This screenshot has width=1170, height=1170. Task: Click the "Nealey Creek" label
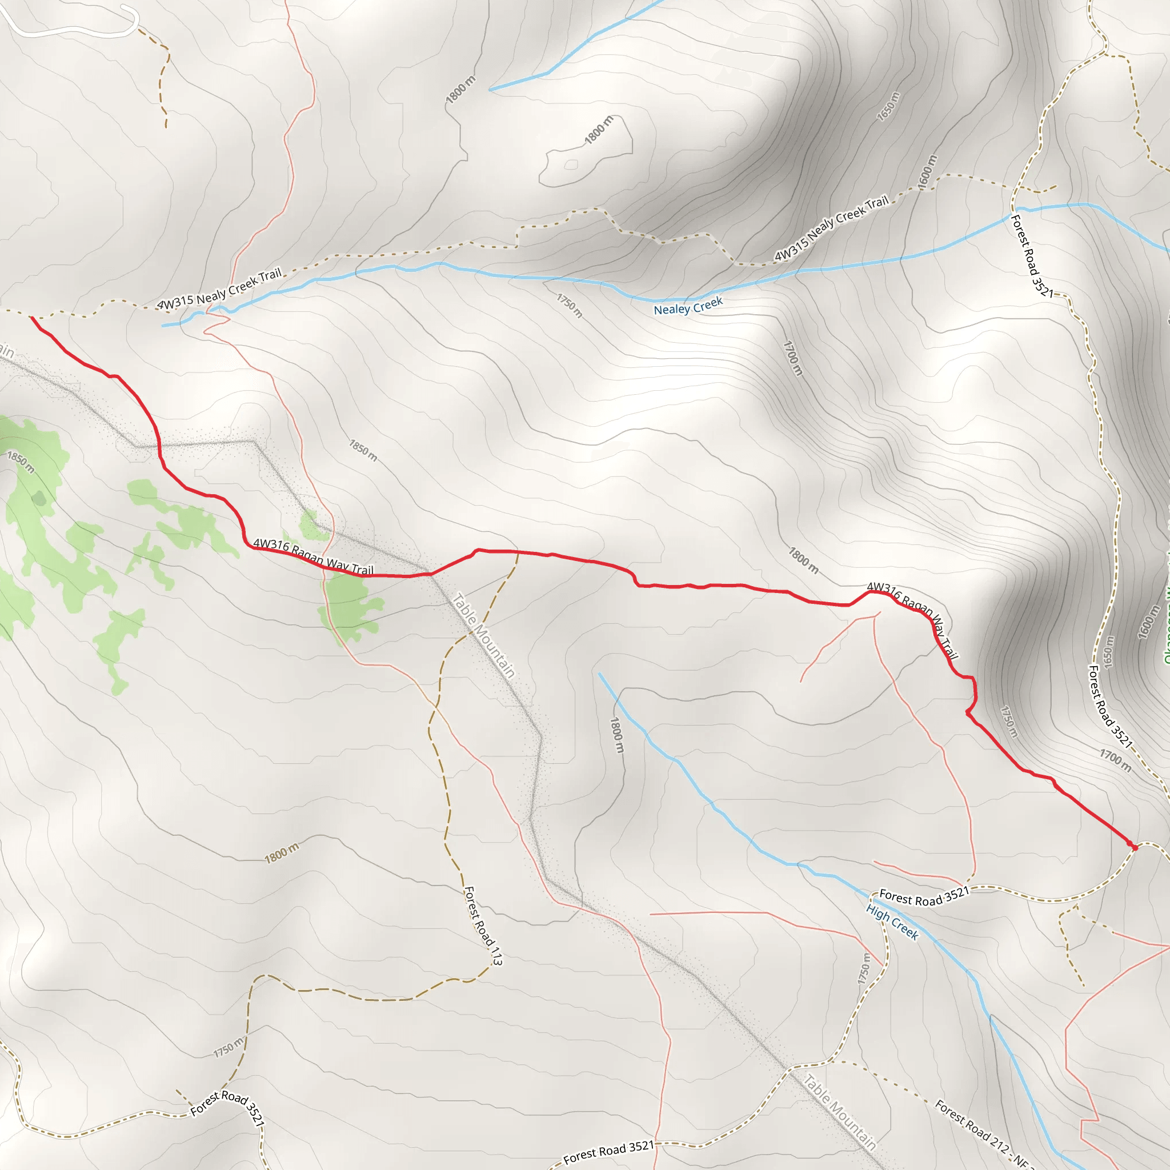tap(688, 305)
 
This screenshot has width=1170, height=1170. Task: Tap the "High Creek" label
tap(892, 921)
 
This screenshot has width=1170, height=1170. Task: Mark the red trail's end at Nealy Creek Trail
tap(31, 316)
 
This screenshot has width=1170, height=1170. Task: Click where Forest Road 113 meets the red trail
tap(518, 552)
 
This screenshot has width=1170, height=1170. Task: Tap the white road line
tap(73, 30)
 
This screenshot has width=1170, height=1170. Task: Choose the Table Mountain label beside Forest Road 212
tap(839, 1112)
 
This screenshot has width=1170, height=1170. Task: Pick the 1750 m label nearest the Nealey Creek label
tap(569, 306)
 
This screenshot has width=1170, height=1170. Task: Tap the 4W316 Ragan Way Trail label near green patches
tap(313, 556)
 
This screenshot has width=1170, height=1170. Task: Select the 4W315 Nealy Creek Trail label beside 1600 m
tap(831, 229)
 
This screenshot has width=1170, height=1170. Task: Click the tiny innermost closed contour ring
tap(571, 165)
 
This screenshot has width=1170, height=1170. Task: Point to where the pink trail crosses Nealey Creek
tap(210, 310)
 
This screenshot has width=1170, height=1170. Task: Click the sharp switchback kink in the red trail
tap(968, 714)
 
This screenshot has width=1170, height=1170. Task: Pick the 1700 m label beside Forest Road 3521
tap(1115, 760)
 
